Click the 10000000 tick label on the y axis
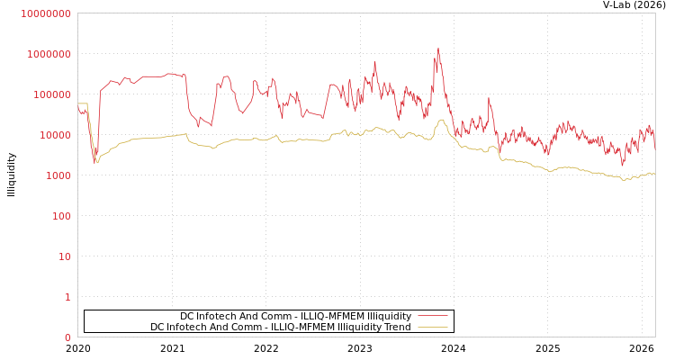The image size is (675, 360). tap(46, 13)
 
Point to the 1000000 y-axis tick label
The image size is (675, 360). tap(49, 54)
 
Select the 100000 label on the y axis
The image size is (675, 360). tap(51, 94)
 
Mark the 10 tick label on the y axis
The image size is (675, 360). tap(65, 256)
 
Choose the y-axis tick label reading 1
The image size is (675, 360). tap(67, 297)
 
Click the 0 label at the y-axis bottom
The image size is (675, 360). tap(67, 337)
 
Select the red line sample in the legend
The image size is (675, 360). tap(433, 316)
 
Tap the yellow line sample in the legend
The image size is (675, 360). tap(433, 327)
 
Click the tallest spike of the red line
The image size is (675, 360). tap(438, 49)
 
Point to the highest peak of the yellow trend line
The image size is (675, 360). tap(441, 120)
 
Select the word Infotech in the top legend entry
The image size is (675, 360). tap(219, 316)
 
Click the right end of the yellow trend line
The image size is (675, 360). tap(654, 173)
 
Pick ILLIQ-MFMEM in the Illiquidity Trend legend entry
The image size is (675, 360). tap(309, 327)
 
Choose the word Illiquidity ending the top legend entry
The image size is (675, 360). tap(390, 316)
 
